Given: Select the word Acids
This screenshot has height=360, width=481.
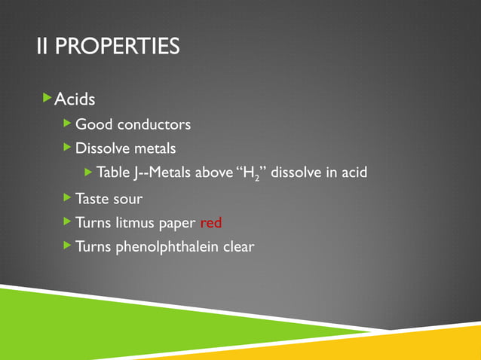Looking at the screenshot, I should (75, 99).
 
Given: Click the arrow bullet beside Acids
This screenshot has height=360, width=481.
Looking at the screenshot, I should (47, 98).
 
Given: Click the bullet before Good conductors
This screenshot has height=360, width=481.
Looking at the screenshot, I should (68, 123).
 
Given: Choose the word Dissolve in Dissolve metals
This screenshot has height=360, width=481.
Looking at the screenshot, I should (103, 148).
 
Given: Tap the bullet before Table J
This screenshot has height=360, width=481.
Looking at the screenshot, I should (88, 172).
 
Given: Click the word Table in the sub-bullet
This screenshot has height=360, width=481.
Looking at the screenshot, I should (113, 173).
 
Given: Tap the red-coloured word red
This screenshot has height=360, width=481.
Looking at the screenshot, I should (211, 223).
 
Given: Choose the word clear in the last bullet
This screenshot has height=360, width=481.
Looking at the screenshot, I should (239, 246).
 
